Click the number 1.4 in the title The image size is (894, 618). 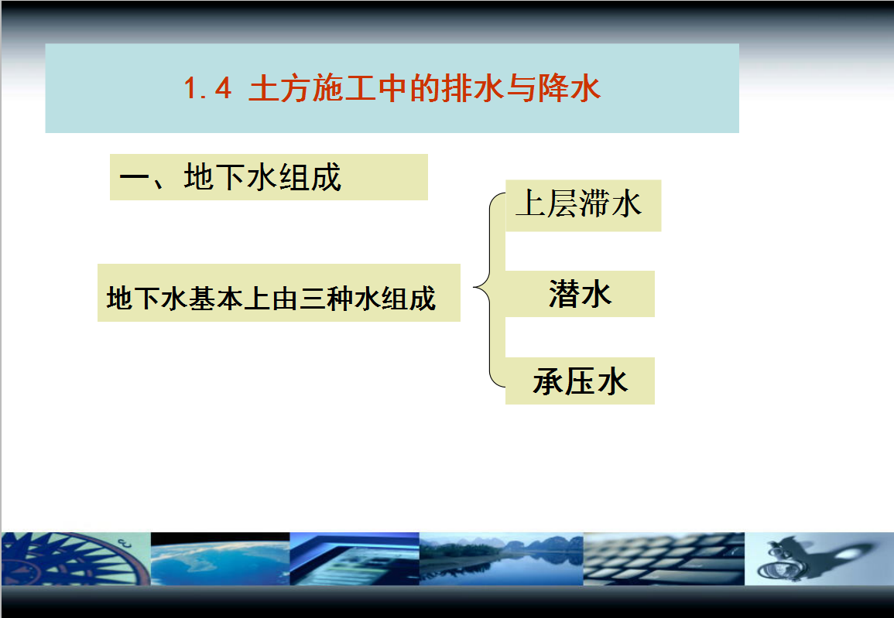point(207,89)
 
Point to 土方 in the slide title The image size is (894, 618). point(280,89)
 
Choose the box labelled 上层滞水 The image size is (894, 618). point(584,206)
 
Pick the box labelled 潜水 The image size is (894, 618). point(580,294)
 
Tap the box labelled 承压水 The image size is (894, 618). point(580,381)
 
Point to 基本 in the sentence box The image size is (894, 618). point(216,298)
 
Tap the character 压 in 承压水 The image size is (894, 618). point(581,381)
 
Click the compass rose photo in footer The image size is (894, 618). point(76,558)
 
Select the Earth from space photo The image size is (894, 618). point(221,558)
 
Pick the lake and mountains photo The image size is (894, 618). point(501,558)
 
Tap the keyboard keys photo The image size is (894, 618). point(663,558)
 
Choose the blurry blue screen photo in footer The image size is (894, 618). point(355,558)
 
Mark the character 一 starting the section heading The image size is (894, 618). point(135,177)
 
